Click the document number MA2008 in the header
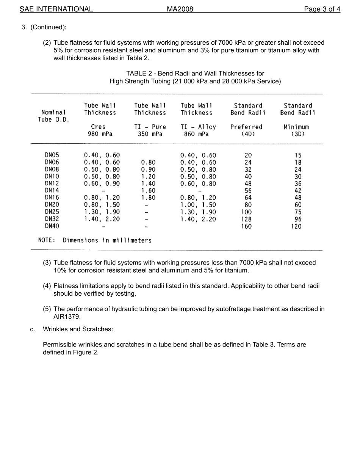tap(180, 9)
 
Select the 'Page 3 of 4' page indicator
tap(322, 9)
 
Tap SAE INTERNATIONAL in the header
tap(56, 9)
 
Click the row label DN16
tap(52, 197)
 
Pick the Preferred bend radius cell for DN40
tap(246, 226)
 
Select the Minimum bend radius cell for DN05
tap(298, 155)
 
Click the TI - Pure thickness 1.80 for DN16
tap(148, 197)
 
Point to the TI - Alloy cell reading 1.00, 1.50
tap(198, 205)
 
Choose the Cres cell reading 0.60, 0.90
tap(102, 183)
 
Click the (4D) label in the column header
tap(248, 134)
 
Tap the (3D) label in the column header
tap(298, 134)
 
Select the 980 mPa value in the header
tap(100, 134)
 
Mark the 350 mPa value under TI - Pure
tap(150, 134)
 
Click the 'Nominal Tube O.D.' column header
tap(53, 116)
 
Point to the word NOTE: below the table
tap(47, 240)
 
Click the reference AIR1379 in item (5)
tap(67, 316)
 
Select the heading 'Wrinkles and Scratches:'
tap(78, 329)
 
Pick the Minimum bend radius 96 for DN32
tap(298, 219)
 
